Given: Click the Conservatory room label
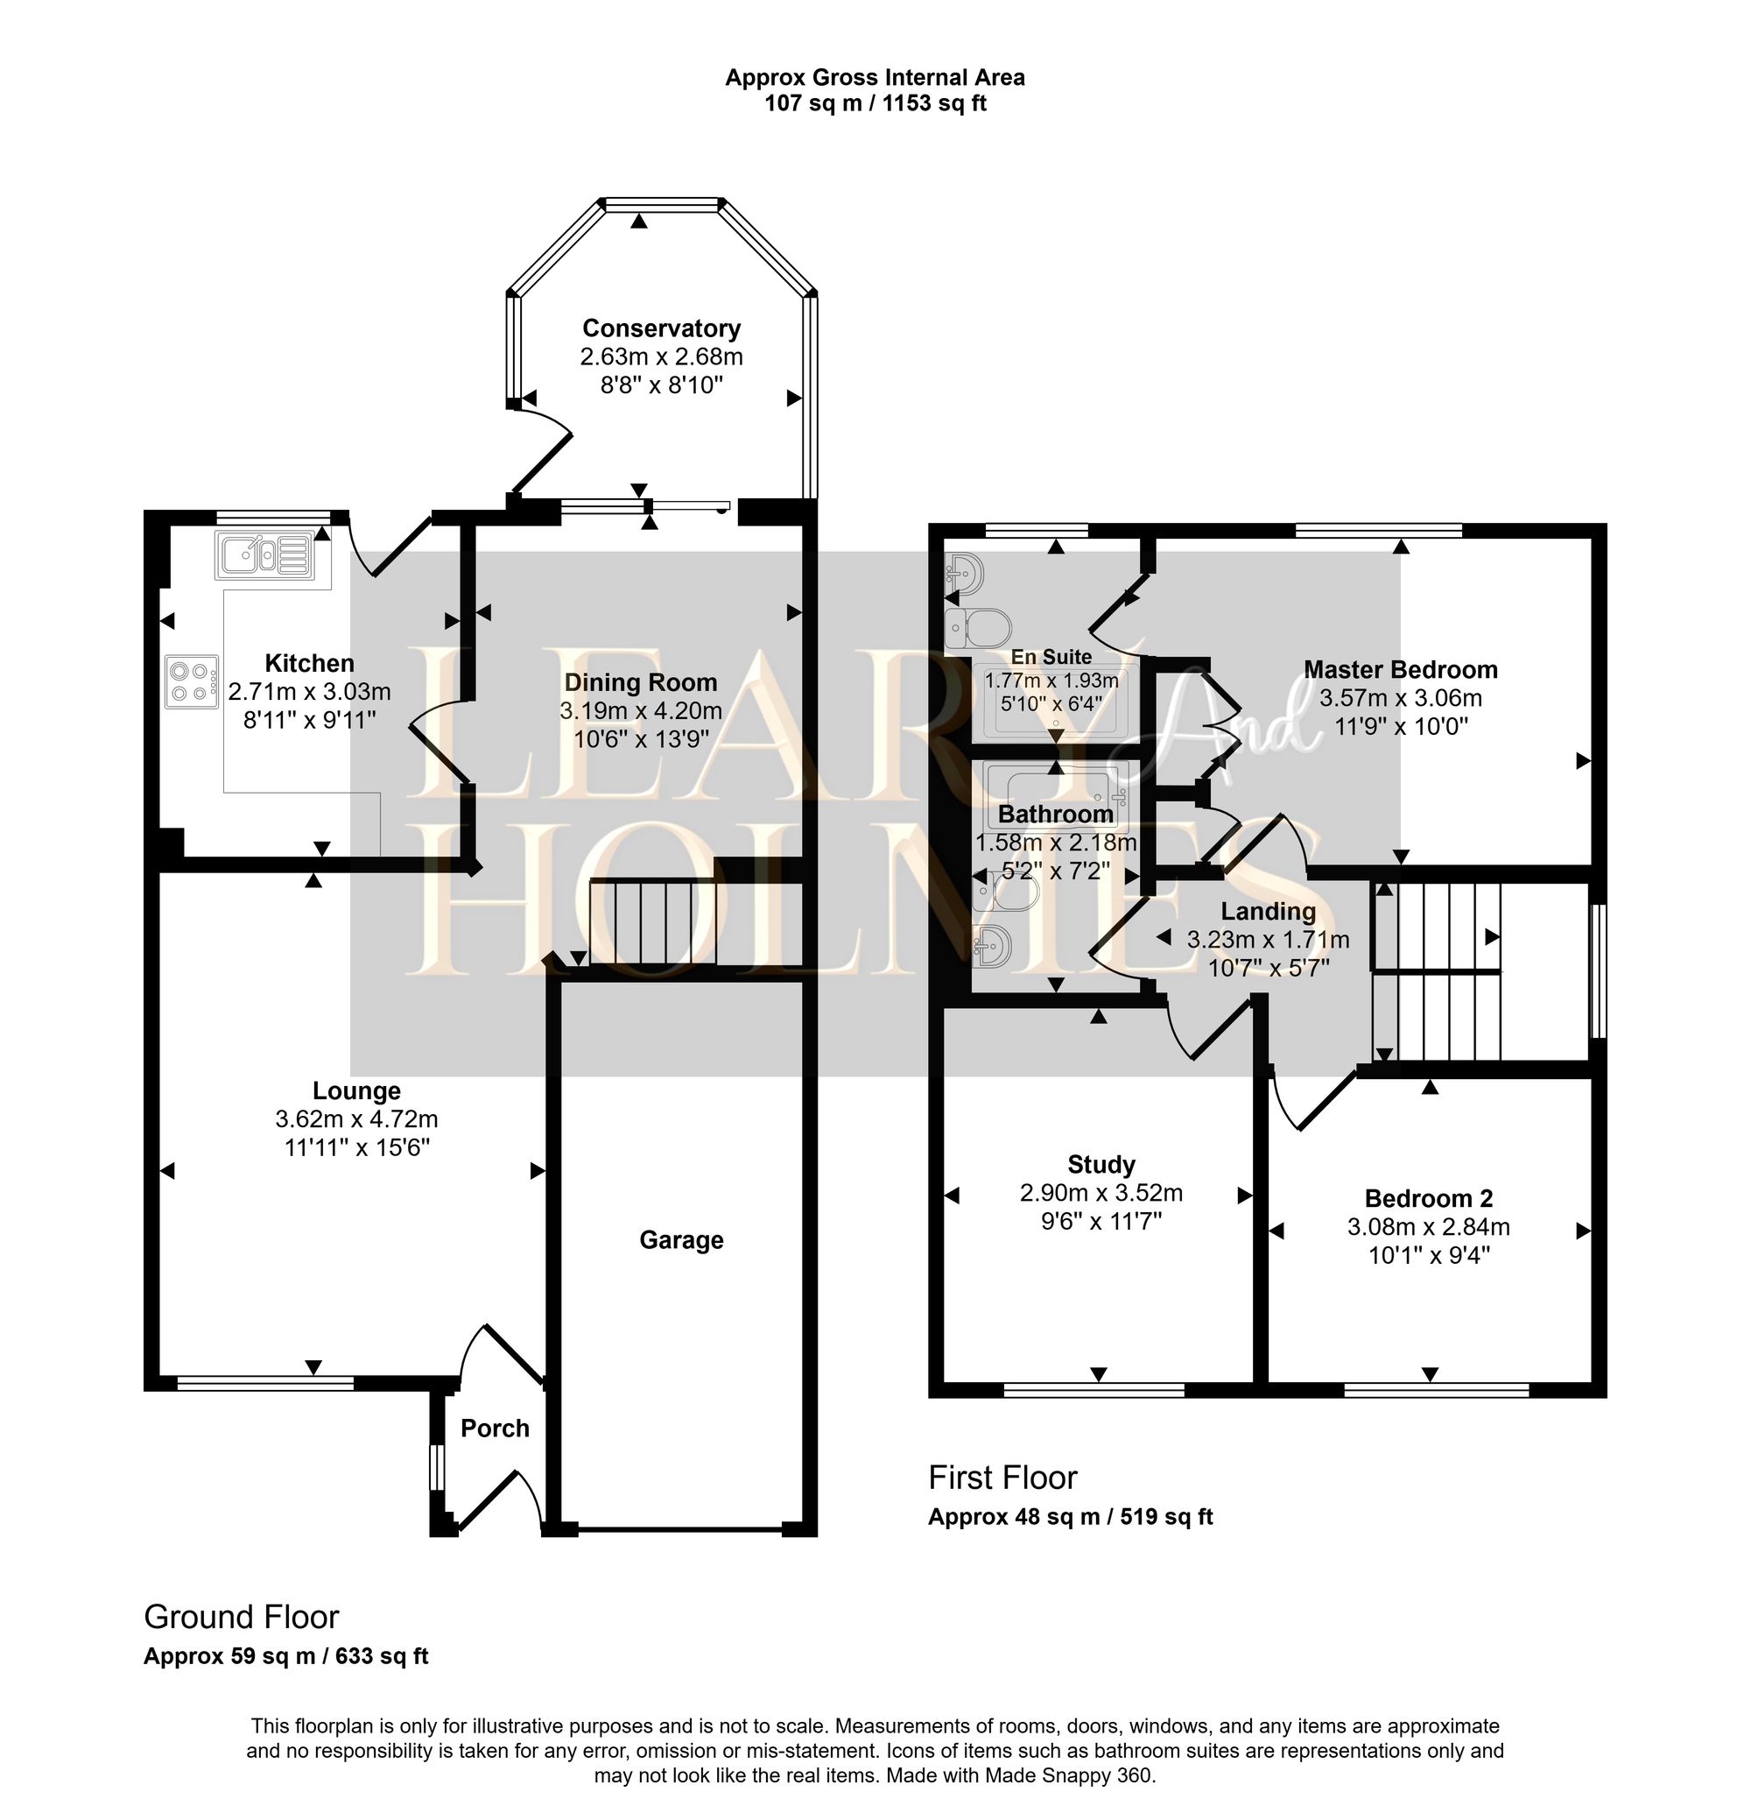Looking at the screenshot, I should point(661,328).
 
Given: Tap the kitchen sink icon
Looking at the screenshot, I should point(265,556).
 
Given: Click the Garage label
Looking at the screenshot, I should point(680,1239).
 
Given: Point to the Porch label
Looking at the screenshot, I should point(495,1428).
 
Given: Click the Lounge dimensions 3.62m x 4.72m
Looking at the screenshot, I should point(356,1119).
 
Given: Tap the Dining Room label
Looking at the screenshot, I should point(641,682).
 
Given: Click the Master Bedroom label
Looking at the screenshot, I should point(1400,669).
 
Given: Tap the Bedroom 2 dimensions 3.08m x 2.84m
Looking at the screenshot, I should point(1428,1227).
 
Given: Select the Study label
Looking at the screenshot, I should point(1101,1164).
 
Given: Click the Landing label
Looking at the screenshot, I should point(1268,911).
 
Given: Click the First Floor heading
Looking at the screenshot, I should point(1002,1477).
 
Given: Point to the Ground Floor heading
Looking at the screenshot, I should point(242,1617).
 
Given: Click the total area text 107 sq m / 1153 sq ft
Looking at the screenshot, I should point(875,103).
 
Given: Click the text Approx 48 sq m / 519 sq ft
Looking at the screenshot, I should point(1070,1516).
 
